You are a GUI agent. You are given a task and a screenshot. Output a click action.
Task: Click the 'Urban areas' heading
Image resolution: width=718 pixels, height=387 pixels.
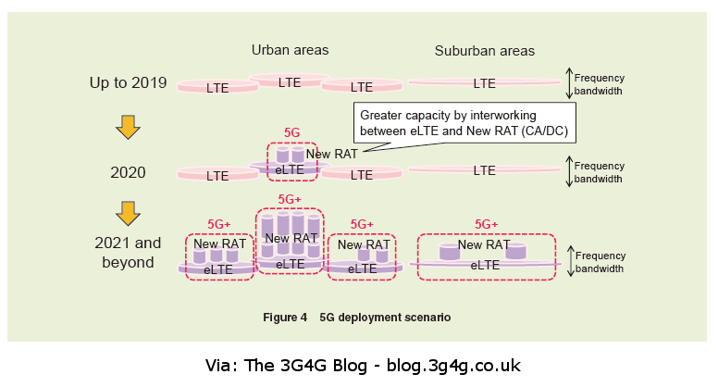click(290, 50)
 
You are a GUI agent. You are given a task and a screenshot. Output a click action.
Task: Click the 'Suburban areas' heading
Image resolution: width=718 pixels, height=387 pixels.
click(485, 51)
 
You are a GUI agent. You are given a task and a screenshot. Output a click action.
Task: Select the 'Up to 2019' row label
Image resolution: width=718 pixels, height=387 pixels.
click(128, 83)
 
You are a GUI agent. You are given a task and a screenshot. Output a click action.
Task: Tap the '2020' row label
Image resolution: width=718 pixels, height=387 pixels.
click(128, 172)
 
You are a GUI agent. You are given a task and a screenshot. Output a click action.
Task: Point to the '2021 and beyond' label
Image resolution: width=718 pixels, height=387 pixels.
click(128, 252)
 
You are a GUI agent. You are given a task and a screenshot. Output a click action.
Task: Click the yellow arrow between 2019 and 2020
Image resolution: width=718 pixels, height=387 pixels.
click(128, 127)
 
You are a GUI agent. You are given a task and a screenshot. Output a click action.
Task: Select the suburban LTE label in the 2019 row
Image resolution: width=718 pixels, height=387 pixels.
click(485, 83)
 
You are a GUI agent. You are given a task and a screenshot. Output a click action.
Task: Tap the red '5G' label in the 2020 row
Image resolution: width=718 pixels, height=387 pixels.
click(291, 132)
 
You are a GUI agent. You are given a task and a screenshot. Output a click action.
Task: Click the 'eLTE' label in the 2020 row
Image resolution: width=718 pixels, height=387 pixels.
click(290, 169)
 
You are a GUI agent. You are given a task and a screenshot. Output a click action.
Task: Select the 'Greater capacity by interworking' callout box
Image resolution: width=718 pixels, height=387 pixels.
click(466, 124)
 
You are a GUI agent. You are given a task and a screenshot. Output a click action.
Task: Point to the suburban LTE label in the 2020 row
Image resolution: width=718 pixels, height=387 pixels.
click(485, 170)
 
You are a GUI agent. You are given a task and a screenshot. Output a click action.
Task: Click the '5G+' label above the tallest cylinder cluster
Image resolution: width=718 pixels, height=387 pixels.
click(290, 199)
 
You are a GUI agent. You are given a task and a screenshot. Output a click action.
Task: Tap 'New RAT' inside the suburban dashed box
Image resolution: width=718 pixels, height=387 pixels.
click(484, 244)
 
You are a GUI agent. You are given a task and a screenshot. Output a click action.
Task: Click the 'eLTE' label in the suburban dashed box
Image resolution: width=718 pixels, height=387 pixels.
click(485, 265)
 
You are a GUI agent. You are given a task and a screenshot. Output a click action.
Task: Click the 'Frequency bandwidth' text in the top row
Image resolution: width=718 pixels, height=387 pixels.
click(600, 84)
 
